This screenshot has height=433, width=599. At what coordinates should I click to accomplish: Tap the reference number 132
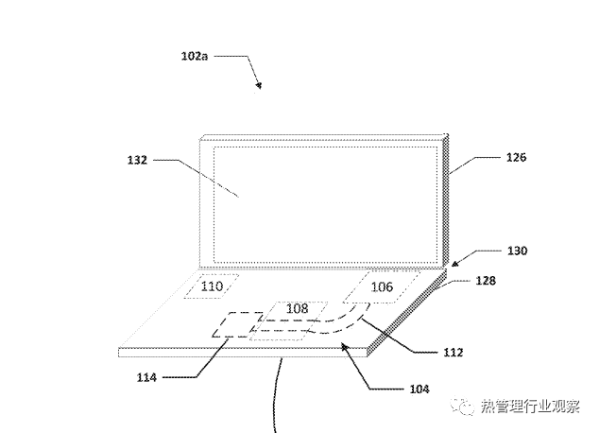(138, 161)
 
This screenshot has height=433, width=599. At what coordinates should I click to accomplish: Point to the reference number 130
(516, 251)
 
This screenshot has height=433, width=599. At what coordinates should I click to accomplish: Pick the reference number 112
(454, 353)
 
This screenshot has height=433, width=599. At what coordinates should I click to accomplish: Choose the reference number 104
(419, 389)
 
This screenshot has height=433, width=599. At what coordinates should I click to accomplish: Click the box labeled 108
(297, 308)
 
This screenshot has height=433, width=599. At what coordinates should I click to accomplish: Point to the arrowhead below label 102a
(259, 87)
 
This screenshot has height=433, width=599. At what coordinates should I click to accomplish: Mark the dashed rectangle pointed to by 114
(232, 327)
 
